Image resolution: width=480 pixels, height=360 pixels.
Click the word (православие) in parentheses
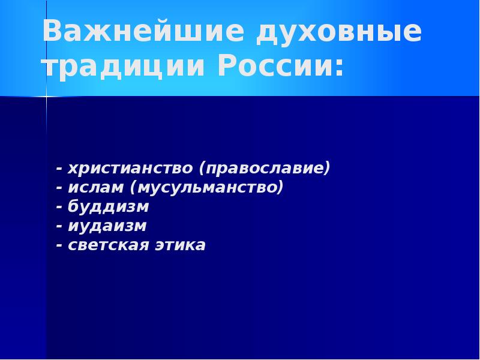(x=265, y=167)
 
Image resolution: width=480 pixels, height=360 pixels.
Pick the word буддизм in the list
(x=108, y=206)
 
